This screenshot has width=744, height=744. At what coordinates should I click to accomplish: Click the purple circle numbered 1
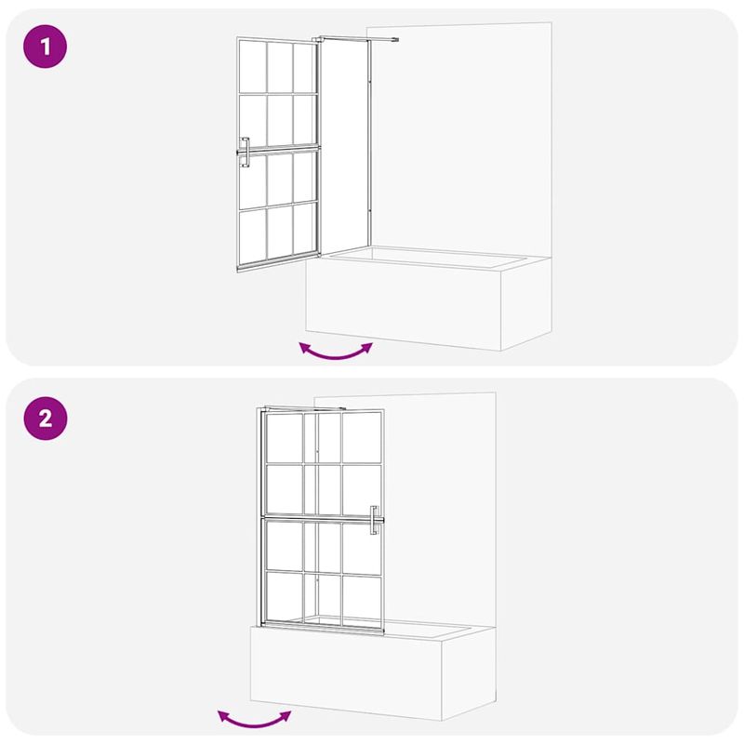(46, 46)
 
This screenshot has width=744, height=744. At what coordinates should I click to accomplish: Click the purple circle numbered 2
(46, 418)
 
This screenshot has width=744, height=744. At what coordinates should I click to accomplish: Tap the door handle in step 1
(245, 153)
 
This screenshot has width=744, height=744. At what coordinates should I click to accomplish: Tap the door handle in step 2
(373, 521)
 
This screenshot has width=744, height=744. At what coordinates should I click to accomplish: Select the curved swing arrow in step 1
(335, 351)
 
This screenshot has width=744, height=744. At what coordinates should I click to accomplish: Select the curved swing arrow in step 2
(254, 717)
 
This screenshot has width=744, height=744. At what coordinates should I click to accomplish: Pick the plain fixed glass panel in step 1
(344, 149)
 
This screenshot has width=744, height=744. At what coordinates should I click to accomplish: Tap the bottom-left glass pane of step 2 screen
(282, 596)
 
